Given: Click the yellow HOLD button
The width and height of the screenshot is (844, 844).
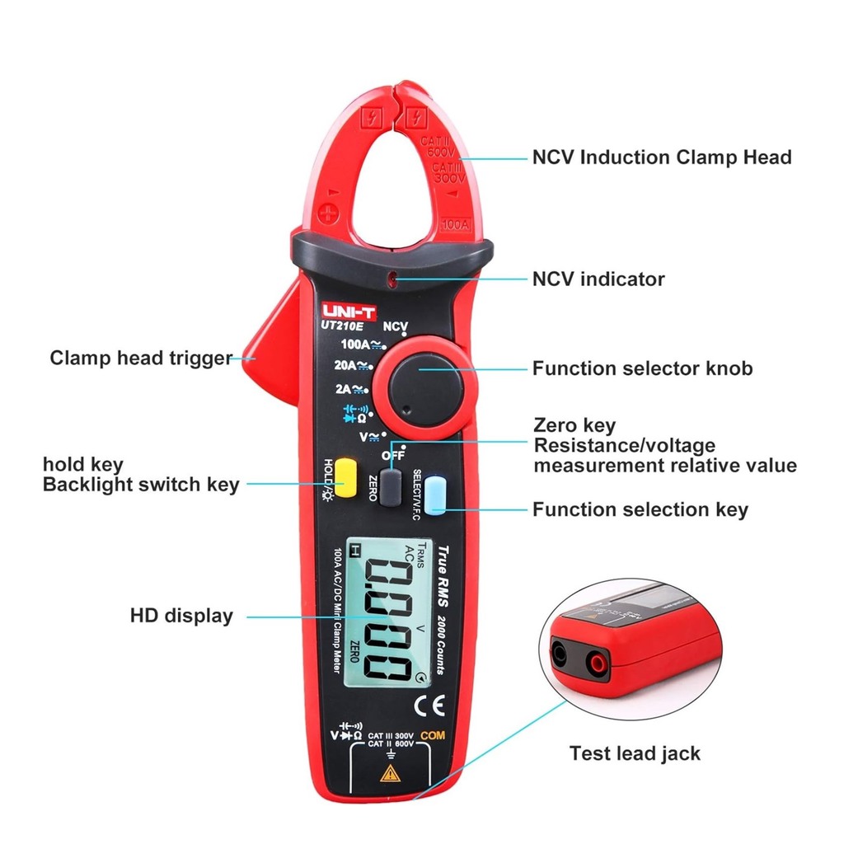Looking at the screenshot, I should pyautogui.click(x=344, y=479).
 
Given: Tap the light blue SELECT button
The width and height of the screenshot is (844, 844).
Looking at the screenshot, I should pyautogui.click(x=434, y=493).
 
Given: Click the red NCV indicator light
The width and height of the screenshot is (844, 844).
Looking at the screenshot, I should pyautogui.click(x=396, y=280).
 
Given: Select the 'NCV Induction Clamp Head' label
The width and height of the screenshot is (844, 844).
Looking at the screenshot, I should pyautogui.click(x=661, y=157).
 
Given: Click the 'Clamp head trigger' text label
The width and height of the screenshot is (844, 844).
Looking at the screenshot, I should pyautogui.click(x=141, y=359).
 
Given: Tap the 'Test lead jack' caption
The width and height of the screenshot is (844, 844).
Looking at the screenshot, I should pyautogui.click(x=635, y=753).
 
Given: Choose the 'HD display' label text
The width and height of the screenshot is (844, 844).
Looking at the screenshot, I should pyautogui.click(x=181, y=616).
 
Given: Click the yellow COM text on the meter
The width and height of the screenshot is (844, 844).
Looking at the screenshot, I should pyautogui.click(x=432, y=735).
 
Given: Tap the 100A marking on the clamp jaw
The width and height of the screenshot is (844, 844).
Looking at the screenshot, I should pyautogui.click(x=455, y=223).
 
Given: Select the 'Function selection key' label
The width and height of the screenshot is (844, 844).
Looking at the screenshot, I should pyautogui.click(x=640, y=509).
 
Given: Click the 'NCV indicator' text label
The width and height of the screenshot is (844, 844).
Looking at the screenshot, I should pyautogui.click(x=598, y=279).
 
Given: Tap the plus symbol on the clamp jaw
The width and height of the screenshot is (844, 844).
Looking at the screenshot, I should pyautogui.click(x=329, y=214).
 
